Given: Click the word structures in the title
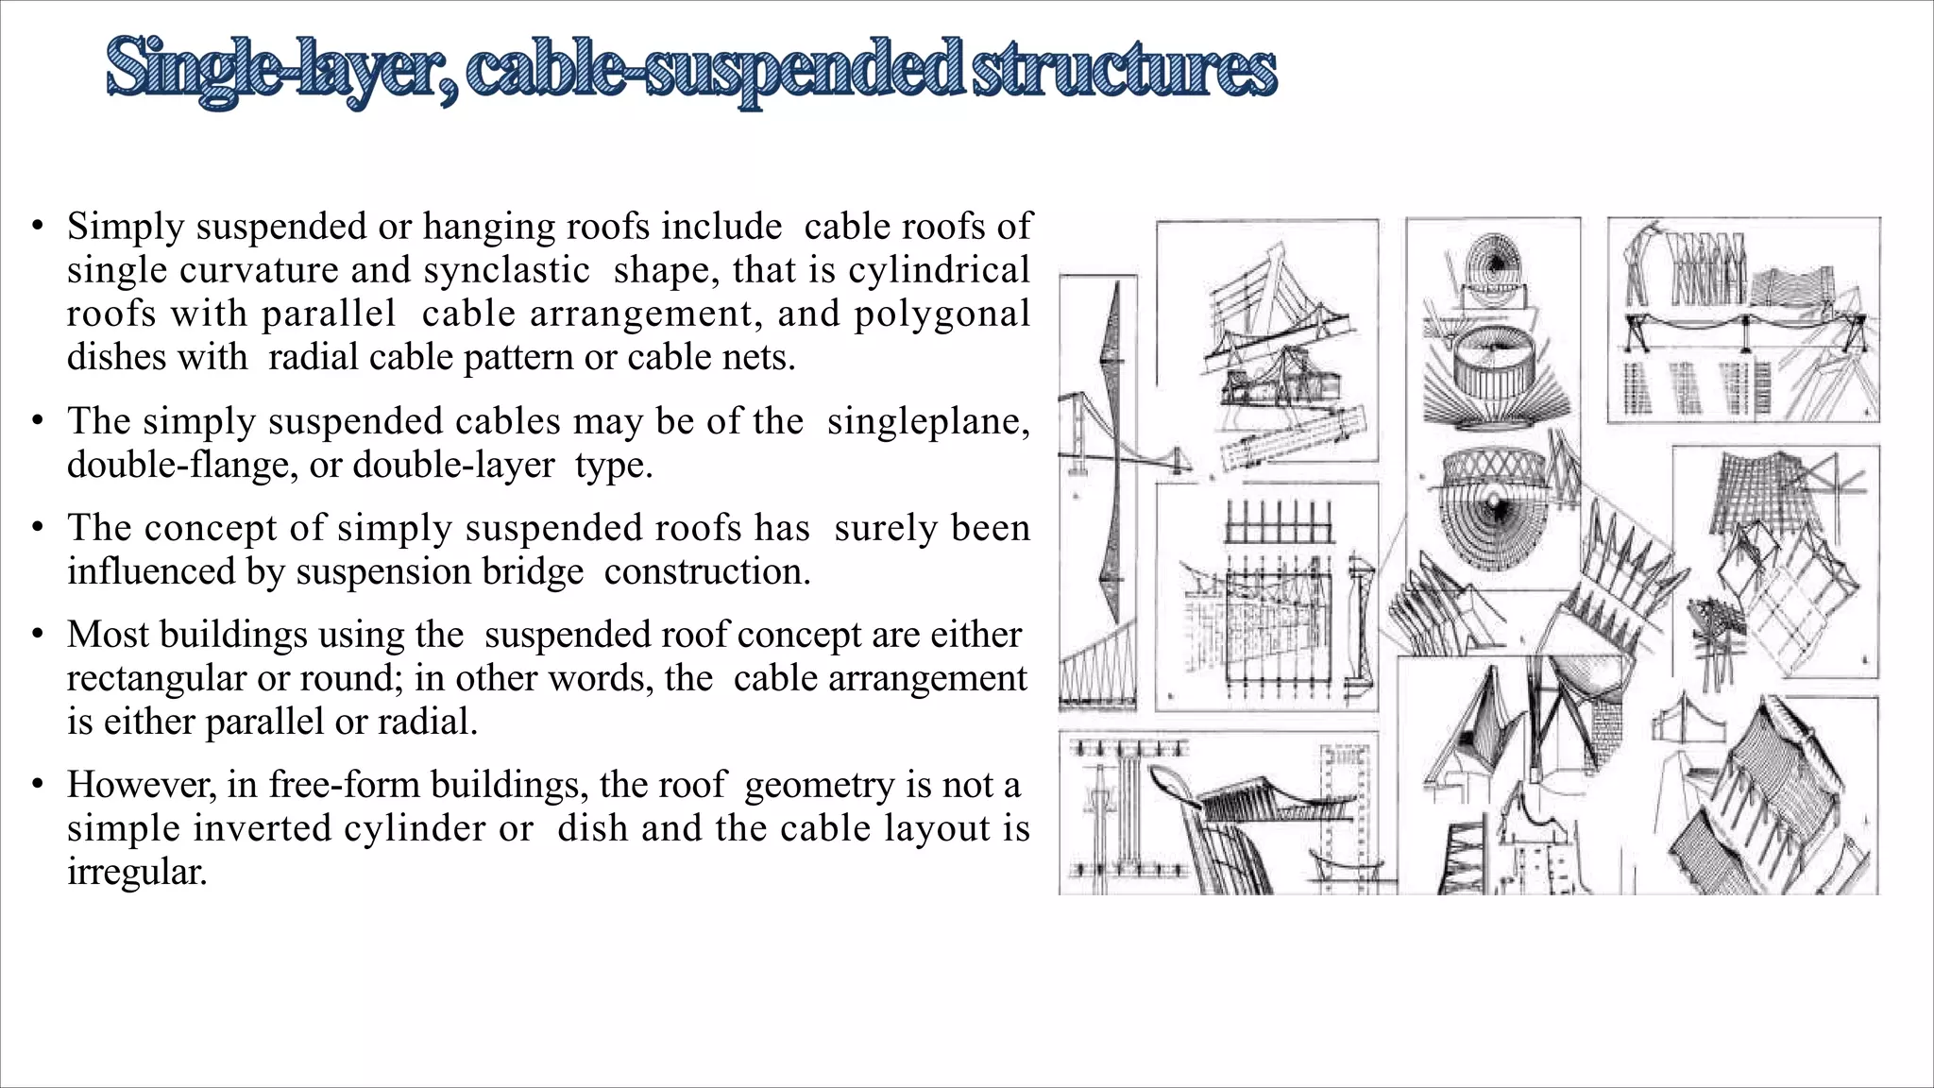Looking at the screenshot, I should point(1124,68).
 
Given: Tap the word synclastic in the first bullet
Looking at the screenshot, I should point(506,270).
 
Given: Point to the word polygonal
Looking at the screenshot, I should point(942,314).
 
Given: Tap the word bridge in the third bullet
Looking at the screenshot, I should point(540,571).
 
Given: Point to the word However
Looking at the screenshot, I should point(141,785).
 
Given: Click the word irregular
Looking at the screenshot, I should point(136,871).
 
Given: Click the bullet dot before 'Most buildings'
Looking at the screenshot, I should point(37,635).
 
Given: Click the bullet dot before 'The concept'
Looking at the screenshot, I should point(37,528).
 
